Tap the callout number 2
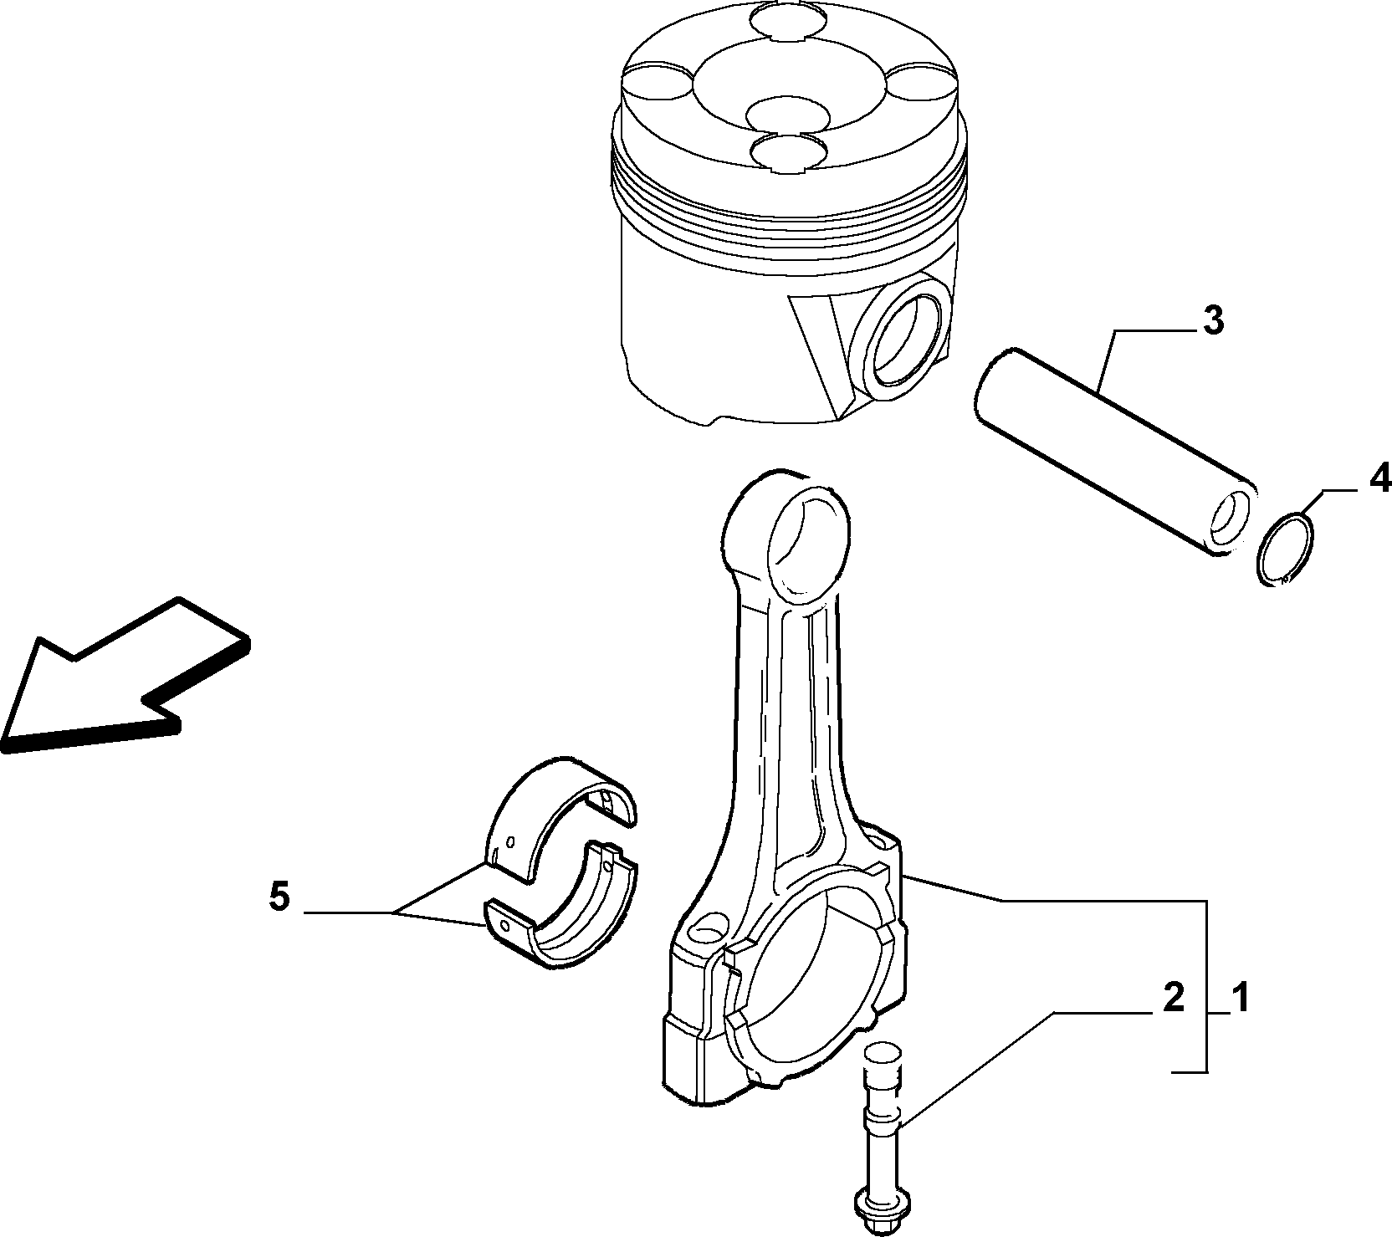(1173, 999)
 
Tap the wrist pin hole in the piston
(904, 335)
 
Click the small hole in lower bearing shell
(504, 927)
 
